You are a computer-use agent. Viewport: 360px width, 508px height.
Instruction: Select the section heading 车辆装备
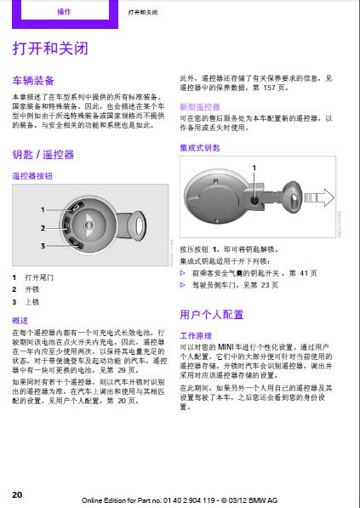33,80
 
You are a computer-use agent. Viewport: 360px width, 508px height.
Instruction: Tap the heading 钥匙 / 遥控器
43,155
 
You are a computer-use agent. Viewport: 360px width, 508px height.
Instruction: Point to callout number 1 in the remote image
41,208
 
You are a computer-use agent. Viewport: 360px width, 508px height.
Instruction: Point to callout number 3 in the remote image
41,246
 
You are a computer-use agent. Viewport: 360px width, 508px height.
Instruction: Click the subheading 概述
20,319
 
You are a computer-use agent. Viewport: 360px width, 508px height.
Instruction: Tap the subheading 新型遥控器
198,107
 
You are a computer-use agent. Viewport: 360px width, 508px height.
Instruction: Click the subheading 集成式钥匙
198,147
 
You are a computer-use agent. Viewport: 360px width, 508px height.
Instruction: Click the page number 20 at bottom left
17,494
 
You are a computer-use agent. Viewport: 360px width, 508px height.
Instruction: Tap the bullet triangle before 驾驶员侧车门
183,285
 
